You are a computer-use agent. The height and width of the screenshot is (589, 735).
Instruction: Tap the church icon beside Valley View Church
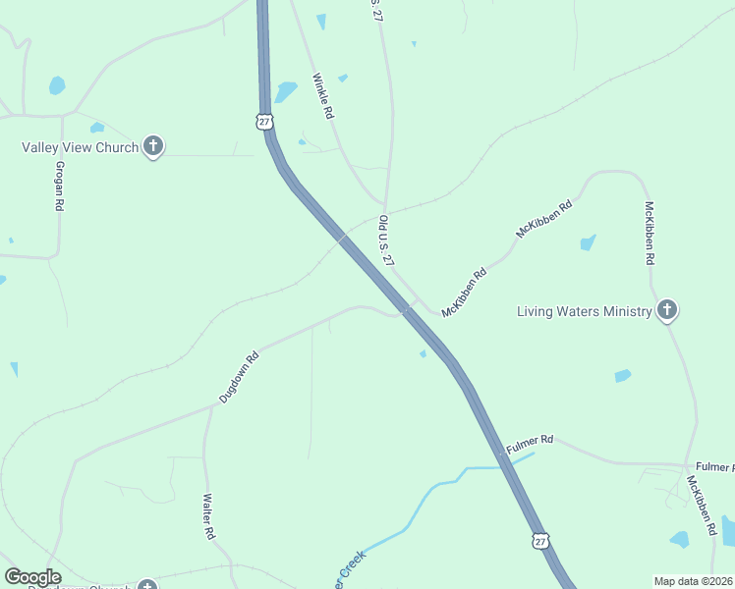[x=152, y=147]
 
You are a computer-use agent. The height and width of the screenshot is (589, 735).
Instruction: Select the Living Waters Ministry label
[x=585, y=311]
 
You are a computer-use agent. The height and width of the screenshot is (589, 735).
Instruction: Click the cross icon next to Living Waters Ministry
[x=667, y=311]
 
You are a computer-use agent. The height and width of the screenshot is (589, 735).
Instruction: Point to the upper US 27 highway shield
[x=263, y=121]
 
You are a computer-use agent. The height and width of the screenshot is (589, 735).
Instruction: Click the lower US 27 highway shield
[x=540, y=541]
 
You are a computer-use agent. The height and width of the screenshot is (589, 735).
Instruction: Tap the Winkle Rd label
[x=322, y=96]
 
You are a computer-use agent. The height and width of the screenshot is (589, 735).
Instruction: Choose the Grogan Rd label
[x=59, y=187]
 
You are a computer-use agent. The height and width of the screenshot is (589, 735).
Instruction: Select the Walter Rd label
[x=208, y=516]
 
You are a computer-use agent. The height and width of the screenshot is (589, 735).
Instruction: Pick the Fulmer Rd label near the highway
[x=530, y=444]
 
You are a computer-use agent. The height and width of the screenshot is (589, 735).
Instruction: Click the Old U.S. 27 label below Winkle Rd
[x=386, y=241]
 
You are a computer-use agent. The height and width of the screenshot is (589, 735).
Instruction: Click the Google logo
[x=32, y=577]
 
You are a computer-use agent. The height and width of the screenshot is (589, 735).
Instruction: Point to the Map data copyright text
[x=694, y=581]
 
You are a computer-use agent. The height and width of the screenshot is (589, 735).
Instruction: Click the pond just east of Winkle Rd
[x=286, y=91]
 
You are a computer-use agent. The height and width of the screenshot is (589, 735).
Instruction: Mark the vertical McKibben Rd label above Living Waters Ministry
[x=649, y=234]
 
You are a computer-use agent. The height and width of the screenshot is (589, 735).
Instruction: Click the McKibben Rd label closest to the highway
[x=465, y=293]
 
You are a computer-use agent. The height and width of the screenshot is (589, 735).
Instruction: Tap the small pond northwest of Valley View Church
[x=57, y=85]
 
